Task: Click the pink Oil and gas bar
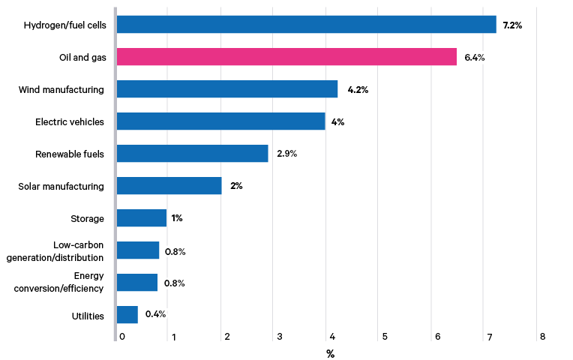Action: [x=286, y=57]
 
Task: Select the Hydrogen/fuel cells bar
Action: [x=306, y=25]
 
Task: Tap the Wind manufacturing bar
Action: [x=227, y=90]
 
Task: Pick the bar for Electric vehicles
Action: [x=221, y=121]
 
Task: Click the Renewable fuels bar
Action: [x=193, y=154]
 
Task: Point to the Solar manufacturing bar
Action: [x=169, y=186]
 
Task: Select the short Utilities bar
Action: [x=127, y=315]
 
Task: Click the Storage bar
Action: [x=142, y=218]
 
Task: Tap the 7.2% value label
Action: [x=512, y=25]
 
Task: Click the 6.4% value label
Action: [x=475, y=58]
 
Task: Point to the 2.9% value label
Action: [x=286, y=154]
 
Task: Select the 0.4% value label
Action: [x=155, y=314]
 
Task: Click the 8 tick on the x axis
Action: [x=542, y=337]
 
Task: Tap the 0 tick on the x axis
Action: [x=121, y=337]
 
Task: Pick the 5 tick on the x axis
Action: [x=384, y=337]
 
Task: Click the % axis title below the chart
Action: [x=330, y=353]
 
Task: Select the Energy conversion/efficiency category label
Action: [x=59, y=283]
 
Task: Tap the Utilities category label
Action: [x=88, y=316]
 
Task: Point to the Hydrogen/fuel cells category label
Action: [x=64, y=25]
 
